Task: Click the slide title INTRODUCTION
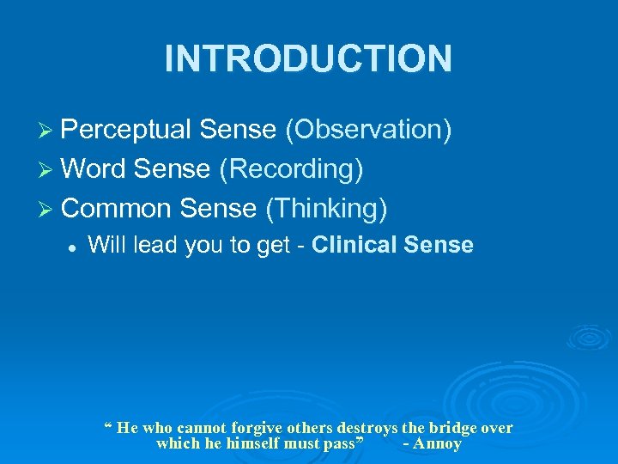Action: (308, 58)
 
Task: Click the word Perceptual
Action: (126, 130)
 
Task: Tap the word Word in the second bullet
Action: (93, 168)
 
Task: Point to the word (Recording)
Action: (290, 168)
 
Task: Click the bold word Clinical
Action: (353, 245)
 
